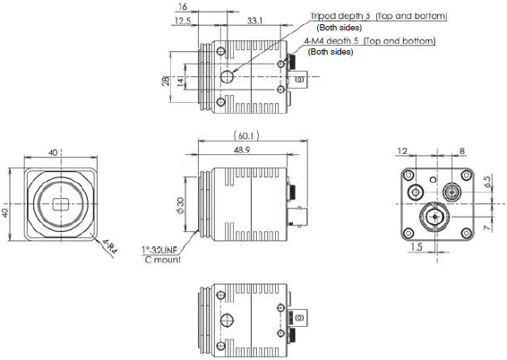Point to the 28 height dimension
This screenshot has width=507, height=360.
click(x=165, y=81)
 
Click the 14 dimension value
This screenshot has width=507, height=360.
click(x=178, y=81)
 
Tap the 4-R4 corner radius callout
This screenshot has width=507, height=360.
click(x=109, y=246)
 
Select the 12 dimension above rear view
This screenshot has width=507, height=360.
click(x=402, y=152)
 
